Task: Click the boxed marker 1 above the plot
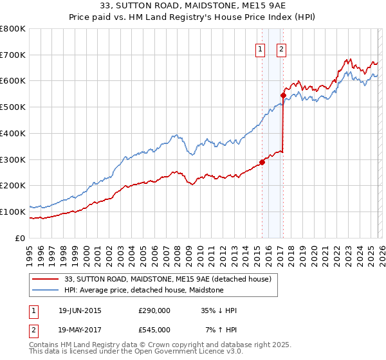click(260, 48)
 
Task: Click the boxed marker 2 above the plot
click(282, 48)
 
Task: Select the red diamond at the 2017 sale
click(283, 95)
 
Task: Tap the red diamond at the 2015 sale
click(262, 162)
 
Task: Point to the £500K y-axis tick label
click(13, 107)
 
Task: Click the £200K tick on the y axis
click(13, 186)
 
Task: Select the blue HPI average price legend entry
click(143, 290)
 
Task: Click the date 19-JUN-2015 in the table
click(80, 310)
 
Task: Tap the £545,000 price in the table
click(154, 330)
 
